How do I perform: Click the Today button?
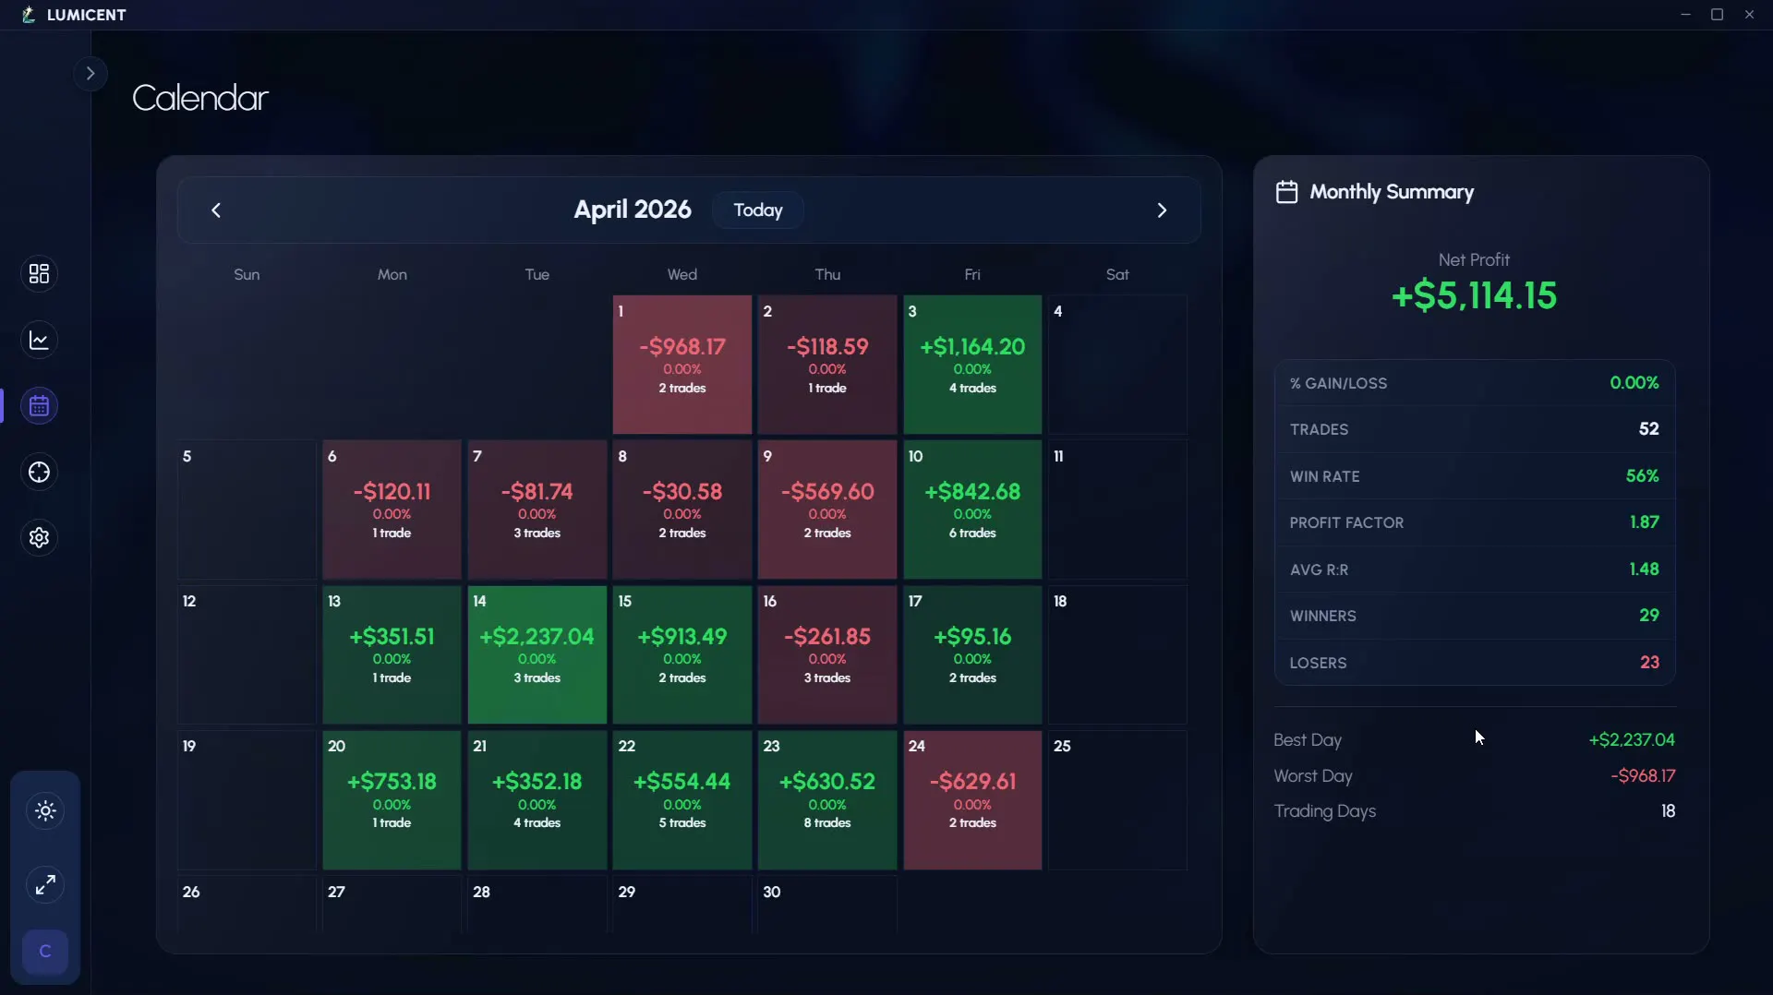(x=758, y=210)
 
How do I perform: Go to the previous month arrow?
(x=216, y=210)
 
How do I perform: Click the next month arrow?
(x=1162, y=210)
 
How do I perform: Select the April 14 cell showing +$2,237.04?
(x=537, y=654)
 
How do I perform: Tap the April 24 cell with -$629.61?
(x=972, y=800)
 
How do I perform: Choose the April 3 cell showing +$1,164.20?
(x=972, y=365)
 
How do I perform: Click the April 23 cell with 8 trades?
(x=827, y=800)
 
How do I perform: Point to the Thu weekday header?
(x=827, y=275)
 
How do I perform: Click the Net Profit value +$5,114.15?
(x=1474, y=295)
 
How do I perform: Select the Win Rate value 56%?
(x=1642, y=476)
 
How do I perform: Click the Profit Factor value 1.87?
(x=1644, y=522)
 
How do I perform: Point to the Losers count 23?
(x=1649, y=663)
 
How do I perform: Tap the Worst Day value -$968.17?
(x=1643, y=776)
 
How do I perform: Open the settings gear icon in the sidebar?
(x=39, y=538)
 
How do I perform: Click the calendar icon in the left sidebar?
(x=39, y=406)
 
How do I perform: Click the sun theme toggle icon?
(x=45, y=811)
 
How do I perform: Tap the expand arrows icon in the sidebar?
(x=45, y=884)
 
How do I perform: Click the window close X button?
(x=1749, y=15)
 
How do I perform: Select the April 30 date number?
(x=772, y=892)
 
